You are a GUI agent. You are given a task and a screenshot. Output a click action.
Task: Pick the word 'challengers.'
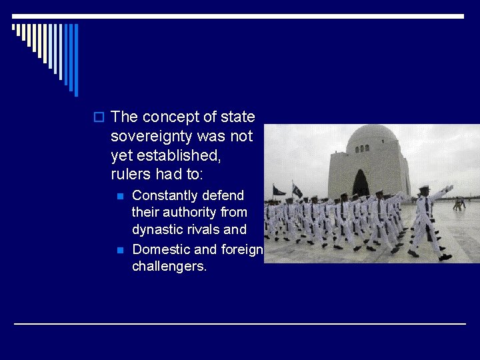pos(169,267)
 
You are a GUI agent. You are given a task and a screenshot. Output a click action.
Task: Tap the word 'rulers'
pos(131,175)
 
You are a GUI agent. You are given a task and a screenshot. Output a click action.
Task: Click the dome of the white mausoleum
pos(371,139)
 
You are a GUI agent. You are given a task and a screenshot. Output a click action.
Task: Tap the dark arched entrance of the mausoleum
pos(361,183)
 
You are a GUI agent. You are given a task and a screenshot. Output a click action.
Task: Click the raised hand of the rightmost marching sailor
pos(451,189)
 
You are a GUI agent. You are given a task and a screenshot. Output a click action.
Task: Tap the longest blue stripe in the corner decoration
pos(75,60)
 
